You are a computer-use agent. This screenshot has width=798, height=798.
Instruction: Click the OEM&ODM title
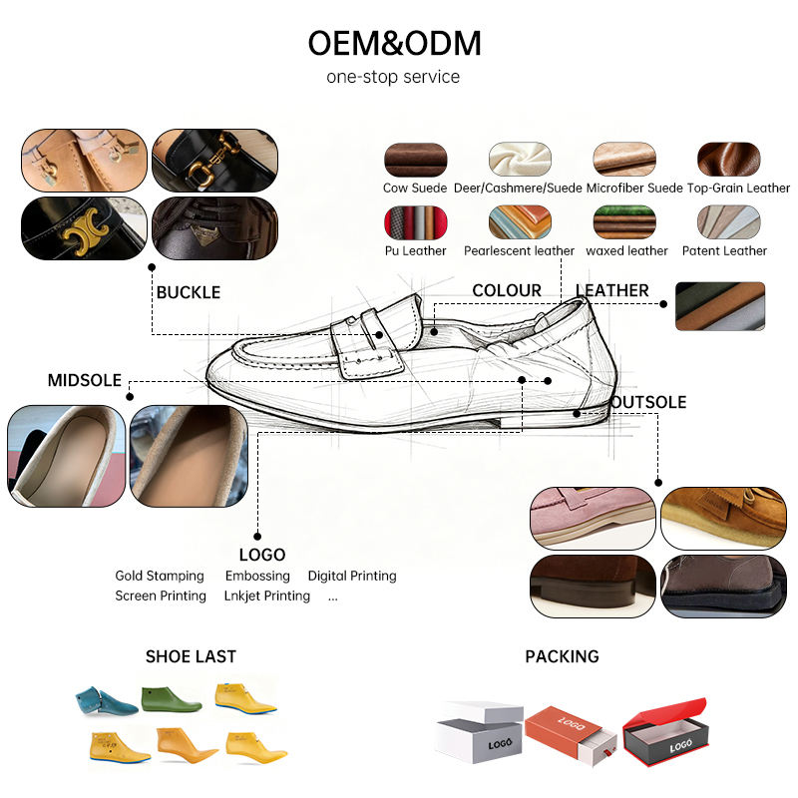[394, 43]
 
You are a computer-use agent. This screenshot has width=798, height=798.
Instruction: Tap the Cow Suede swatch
[415, 160]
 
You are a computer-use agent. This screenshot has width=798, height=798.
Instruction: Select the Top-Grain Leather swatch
[729, 160]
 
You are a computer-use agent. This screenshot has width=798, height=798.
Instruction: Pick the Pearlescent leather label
[519, 251]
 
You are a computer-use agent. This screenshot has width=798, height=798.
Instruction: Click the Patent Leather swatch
[729, 222]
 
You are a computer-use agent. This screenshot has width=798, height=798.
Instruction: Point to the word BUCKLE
[189, 292]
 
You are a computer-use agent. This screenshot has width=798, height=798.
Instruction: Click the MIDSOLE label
[85, 380]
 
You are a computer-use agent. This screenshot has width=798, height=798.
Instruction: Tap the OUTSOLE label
[648, 402]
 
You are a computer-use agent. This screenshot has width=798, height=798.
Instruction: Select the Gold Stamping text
[160, 576]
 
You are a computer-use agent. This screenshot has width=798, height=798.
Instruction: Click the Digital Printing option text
[352, 576]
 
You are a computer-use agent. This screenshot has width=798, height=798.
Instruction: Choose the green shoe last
[172, 699]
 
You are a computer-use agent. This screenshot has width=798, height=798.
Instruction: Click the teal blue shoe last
[106, 701]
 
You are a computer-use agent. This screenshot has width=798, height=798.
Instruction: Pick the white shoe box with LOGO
[480, 732]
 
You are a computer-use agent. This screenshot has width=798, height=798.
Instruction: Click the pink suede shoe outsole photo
[593, 518]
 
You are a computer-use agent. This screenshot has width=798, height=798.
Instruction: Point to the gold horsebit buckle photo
[214, 160]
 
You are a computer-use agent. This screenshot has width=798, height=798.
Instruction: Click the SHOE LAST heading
[191, 656]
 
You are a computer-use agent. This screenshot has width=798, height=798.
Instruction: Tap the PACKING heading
[562, 656]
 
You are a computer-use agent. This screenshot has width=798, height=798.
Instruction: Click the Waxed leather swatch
[624, 222]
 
